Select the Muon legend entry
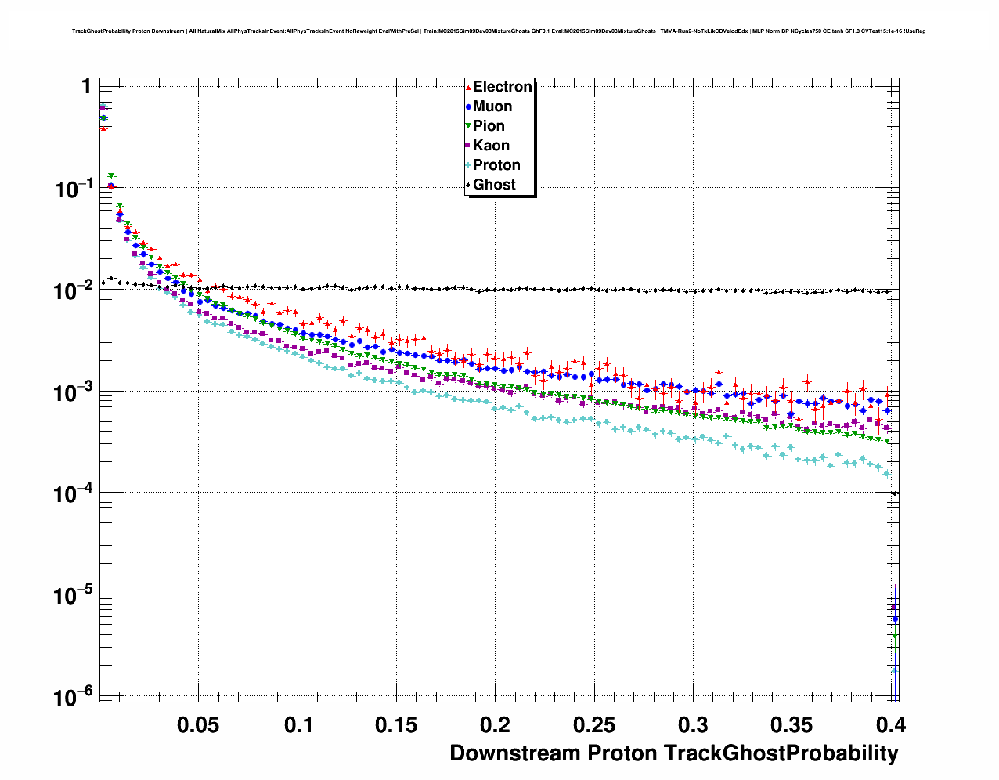(x=492, y=107)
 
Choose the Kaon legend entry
(x=491, y=146)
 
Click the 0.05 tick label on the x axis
(x=198, y=725)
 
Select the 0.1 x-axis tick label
(x=298, y=725)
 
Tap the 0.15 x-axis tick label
(x=396, y=725)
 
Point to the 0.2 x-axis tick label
(x=496, y=725)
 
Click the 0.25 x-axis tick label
(x=594, y=725)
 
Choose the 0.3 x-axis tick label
(x=694, y=725)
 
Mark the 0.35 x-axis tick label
(x=792, y=725)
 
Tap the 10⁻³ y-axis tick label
(x=74, y=393)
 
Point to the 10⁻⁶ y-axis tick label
(x=74, y=696)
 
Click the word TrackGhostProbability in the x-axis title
(x=781, y=753)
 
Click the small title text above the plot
(x=499, y=31)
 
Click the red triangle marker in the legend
(x=468, y=88)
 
